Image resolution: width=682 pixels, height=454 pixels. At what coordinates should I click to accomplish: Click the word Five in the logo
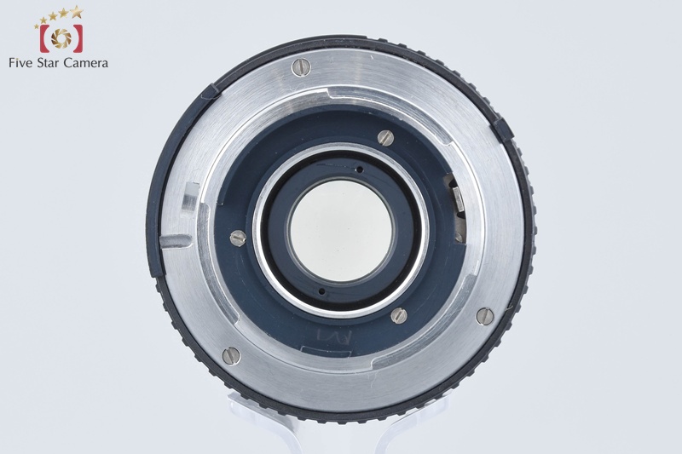(21, 63)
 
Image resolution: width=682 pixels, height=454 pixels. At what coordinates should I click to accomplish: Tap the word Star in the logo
(49, 63)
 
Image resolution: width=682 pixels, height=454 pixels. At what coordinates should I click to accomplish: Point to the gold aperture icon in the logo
(61, 38)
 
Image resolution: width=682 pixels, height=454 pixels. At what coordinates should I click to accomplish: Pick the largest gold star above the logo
(77, 12)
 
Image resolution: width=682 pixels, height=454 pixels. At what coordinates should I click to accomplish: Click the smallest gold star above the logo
(37, 26)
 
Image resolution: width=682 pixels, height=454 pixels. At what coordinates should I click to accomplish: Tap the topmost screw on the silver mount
(301, 67)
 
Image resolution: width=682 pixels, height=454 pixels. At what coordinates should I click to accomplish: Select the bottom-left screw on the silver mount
(231, 356)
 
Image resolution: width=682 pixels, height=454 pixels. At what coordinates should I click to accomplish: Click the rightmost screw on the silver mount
(485, 316)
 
